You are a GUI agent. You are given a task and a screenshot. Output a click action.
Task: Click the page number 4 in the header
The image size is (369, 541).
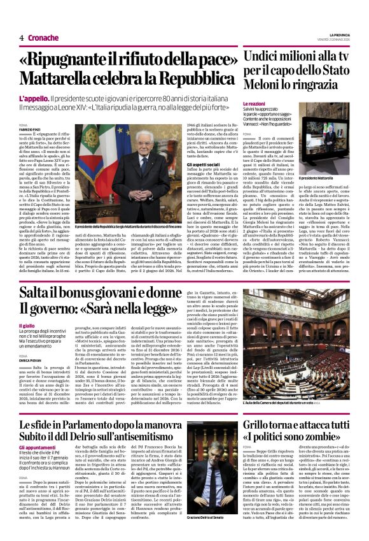coord(21,38)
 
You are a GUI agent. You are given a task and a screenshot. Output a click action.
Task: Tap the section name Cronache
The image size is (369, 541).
coord(43,38)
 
